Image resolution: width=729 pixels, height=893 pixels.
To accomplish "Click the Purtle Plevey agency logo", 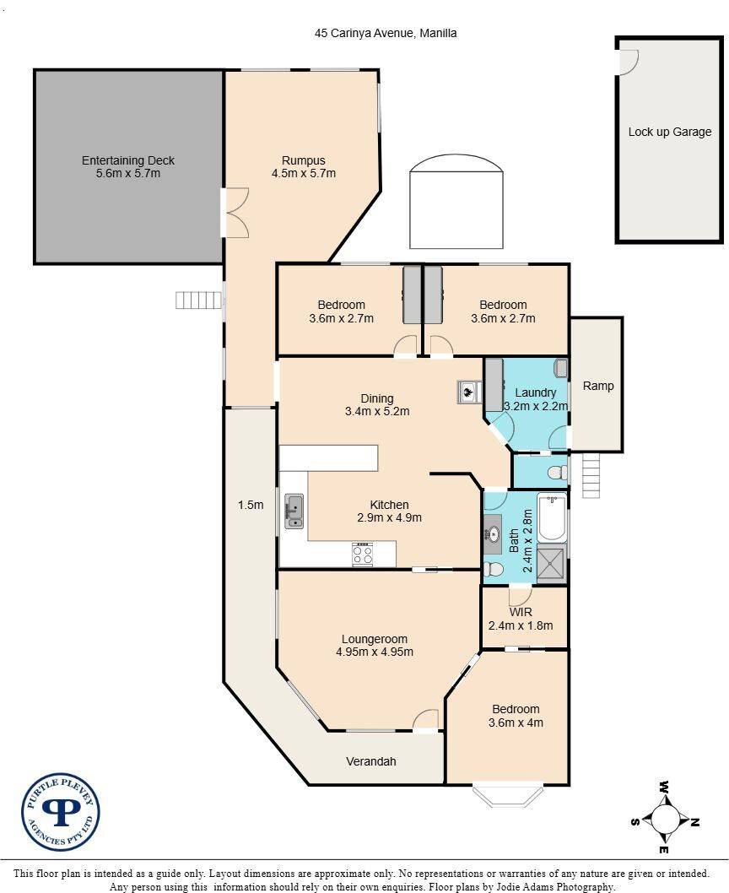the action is (61, 812).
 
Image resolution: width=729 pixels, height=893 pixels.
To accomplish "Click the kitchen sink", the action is (294, 511).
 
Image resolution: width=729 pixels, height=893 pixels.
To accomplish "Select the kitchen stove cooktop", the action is (363, 555).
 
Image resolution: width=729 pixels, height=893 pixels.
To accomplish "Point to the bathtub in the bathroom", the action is (552, 517).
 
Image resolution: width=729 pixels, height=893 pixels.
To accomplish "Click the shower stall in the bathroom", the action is (552, 563).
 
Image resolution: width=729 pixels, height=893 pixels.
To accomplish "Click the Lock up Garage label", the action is (670, 132).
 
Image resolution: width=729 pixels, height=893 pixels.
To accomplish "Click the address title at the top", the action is (386, 33).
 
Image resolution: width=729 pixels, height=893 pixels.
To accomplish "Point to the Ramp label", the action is (598, 386).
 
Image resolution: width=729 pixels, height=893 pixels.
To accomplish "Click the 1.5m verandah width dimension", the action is (251, 505).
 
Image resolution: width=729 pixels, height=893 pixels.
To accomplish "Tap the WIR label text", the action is (521, 612).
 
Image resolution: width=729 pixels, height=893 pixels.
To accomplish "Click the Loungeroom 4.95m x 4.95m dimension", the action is (375, 652).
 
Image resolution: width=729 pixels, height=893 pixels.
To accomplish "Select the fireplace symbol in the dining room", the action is (469, 392).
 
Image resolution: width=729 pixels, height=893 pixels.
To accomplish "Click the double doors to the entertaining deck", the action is (235, 213).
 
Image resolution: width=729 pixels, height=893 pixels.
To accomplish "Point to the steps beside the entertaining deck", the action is (198, 300).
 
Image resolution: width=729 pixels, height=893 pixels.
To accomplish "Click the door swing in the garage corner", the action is (629, 61).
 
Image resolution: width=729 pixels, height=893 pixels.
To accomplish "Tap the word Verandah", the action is (370, 761).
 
